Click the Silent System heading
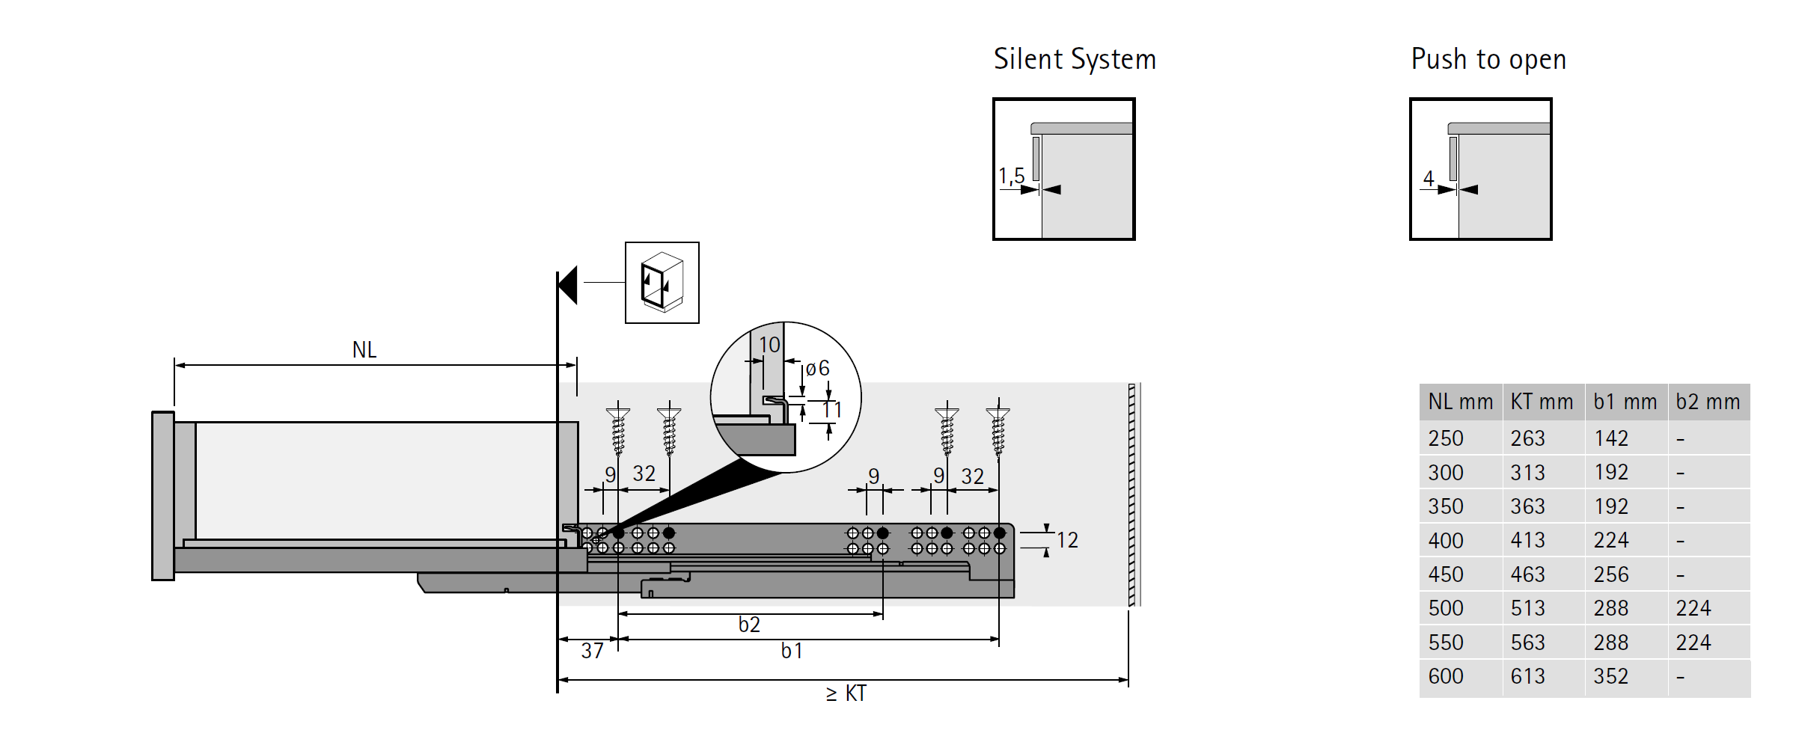coord(1075,59)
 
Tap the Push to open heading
coord(1488,59)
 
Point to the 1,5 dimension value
coord(1011,177)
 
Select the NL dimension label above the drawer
coord(364,350)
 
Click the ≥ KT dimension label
coord(846,693)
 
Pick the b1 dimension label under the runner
coord(792,651)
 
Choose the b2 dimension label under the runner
coord(749,625)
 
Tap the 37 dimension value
coord(592,651)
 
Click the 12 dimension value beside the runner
coord(1067,540)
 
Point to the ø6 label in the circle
coord(817,368)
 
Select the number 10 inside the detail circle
coord(769,345)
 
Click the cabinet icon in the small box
coord(662,283)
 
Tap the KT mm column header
coord(1542,402)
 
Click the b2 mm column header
coord(1708,402)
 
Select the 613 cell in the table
coord(1527,676)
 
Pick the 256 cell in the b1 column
coord(1610,574)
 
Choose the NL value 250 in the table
coord(1445,438)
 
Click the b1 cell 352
coord(1610,676)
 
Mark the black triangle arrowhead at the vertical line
coord(568,285)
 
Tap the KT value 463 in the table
coord(1527,574)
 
